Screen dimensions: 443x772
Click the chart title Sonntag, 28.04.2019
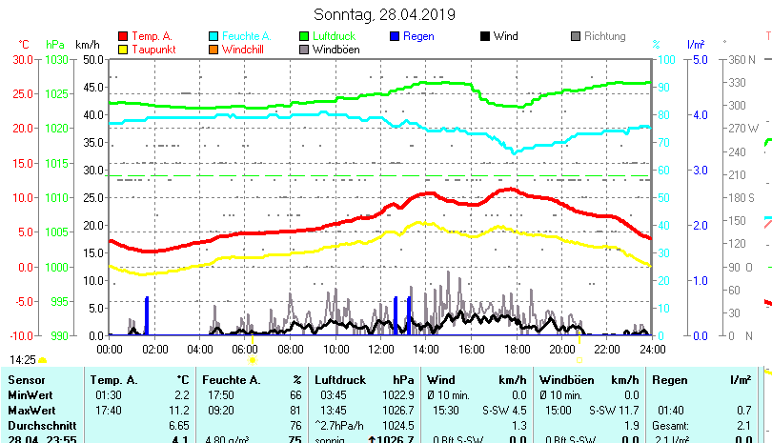coord(384,14)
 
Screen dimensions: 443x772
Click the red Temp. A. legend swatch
coord(122,36)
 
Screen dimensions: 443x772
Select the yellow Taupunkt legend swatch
coord(122,50)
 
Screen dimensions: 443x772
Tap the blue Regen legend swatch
coord(396,36)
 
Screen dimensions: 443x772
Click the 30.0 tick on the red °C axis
coord(20,59)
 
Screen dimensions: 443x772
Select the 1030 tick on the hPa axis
coord(56,59)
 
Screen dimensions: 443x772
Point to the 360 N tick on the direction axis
coord(742,59)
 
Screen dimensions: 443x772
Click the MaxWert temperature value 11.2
coord(180,410)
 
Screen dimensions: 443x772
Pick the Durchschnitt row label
coord(42,425)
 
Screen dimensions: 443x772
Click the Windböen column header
coord(564,380)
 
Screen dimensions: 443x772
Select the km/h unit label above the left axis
coord(87,44)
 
